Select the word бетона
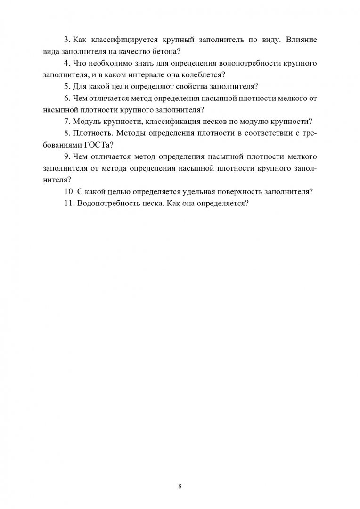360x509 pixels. point(163,51)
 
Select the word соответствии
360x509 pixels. point(264,133)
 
